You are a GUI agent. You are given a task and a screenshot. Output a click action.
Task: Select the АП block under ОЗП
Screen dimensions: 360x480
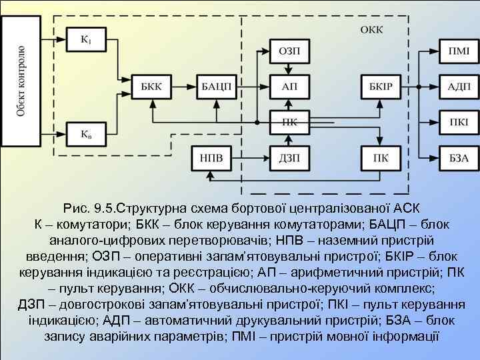pos(289,86)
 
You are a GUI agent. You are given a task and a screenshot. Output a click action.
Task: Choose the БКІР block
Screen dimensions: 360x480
pos(381,86)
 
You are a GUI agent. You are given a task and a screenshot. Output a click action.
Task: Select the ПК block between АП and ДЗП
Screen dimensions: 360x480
pos(289,122)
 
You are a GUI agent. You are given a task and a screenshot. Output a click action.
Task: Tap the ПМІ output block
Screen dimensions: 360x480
pos(458,51)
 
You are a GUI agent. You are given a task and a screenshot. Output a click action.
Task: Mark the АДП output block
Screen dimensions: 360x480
pos(458,86)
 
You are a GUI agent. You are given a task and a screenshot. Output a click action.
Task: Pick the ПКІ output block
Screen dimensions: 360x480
pos(458,122)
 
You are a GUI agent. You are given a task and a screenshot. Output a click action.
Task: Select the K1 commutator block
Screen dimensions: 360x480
pos(86,39)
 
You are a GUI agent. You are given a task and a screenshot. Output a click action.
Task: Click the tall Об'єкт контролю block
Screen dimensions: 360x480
pos(21,81)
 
